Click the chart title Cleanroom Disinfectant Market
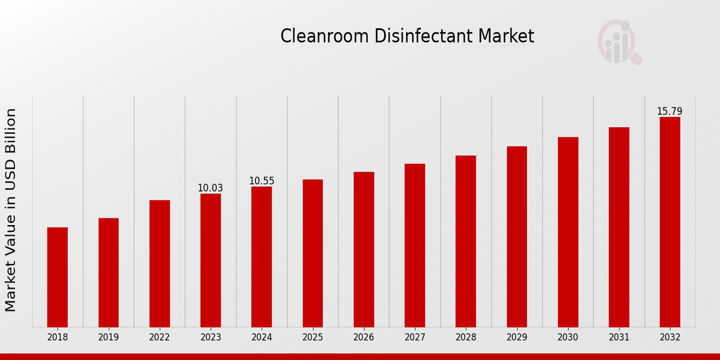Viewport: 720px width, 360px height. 407,37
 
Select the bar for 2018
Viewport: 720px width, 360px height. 58,277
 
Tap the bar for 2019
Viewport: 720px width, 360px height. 109,272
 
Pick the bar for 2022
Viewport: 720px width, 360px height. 160,263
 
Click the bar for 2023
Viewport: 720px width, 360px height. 211,260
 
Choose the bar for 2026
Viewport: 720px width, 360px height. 364,250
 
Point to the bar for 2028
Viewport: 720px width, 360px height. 466,241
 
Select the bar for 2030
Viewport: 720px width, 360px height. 568,232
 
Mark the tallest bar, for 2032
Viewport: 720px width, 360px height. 670,222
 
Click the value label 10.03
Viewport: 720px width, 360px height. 211,188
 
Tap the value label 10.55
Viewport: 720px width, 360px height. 262,181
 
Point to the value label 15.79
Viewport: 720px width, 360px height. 670,112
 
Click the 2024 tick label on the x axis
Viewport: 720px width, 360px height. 262,338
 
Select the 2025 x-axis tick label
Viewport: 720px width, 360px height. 313,338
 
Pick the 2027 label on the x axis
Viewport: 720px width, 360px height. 415,338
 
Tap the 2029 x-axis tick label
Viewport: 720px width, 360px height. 517,338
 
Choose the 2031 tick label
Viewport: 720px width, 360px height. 619,338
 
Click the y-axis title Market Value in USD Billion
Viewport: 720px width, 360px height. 11,210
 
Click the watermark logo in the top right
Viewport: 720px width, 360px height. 619,42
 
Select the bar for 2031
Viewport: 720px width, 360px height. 619,227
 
